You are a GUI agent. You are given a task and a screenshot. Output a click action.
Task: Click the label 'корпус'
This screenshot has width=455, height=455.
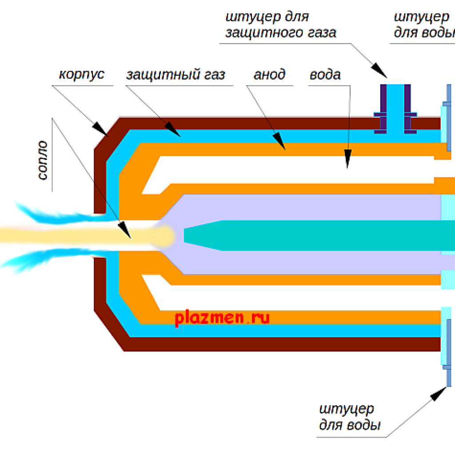click(x=81, y=74)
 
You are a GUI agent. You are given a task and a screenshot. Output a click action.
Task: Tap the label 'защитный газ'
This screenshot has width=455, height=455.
click(x=175, y=75)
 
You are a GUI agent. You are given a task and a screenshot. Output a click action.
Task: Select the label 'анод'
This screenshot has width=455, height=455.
click(x=269, y=74)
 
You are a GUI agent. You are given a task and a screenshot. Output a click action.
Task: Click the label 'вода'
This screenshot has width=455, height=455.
click(x=325, y=74)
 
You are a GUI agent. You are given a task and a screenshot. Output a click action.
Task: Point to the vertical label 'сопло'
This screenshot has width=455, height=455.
click(x=42, y=160)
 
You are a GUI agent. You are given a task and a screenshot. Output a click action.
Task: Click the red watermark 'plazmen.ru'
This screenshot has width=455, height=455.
click(x=222, y=318)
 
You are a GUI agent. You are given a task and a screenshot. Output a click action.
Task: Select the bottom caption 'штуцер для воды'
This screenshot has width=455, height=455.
click(x=350, y=416)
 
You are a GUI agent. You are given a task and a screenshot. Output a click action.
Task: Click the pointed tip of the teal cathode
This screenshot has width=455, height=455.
click(x=187, y=235)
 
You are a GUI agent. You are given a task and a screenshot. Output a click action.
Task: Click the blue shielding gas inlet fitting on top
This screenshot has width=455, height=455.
click(x=395, y=109)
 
